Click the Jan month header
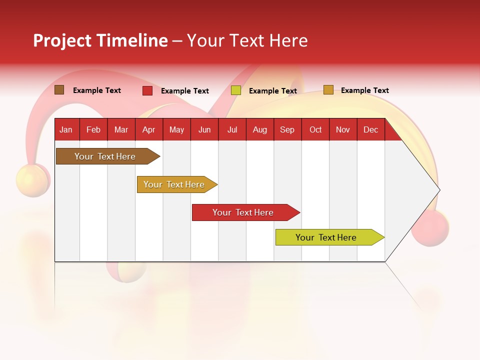pyautogui.click(x=66, y=130)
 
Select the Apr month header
pyautogui.click(x=148, y=130)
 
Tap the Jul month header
pyautogui.click(x=232, y=130)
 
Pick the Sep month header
pyautogui.click(x=287, y=130)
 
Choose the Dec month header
pyautogui.click(x=370, y=130)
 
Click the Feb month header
pyautogui.click(x=93, y=130)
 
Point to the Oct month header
pyautogui.click(x=315, y=130)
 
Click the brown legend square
pyautogui.click(x=59, y=90)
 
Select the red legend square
pyautogui.click(x=147, y=90)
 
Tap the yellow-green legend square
pyautogui.click(x=236, y=90)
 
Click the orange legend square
pyautogui.click(x=328, y=90)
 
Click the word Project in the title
pyautogui.click(x=62, y=40)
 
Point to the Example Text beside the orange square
pyautogui.click(x=364, y=90)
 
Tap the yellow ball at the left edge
pyautogui.click(x=31, y=180)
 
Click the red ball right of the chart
pyautogui.click(x=430, y=227)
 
